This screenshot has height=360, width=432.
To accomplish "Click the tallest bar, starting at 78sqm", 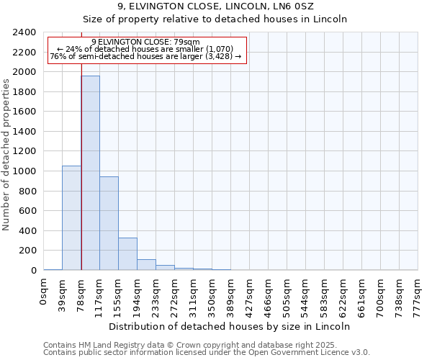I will pyautogui.click(x=90, y=173).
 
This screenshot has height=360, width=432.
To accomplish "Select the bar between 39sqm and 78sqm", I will pyautogui.click(x=71, y=217).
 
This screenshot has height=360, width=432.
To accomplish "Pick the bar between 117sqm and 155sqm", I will pyautogui.click(x=109, y=223).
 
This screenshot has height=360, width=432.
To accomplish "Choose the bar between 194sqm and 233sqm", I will pyautogui.click(x=146, y=264).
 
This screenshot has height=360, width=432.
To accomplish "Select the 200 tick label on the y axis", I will pyautogui.click(x=29, y=251).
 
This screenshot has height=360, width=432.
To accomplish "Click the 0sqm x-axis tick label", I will pyautogui.click(x=44, y=290).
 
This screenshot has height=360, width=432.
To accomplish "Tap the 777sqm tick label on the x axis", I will pyautogui.click(x=418, y=294).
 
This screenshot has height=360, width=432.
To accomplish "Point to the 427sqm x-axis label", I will pyautogui.click(x=250, y=294).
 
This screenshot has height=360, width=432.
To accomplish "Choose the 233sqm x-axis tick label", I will pyautogui.click(x=156, y=294).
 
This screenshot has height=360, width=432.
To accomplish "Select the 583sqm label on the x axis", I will pyautogui.click(x=325, y=294).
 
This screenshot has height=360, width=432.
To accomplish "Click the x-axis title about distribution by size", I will pyautogui.click(x=230, y=326).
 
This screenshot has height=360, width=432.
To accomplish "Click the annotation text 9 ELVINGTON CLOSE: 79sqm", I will pyautogui.click(x=146, y=42).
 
